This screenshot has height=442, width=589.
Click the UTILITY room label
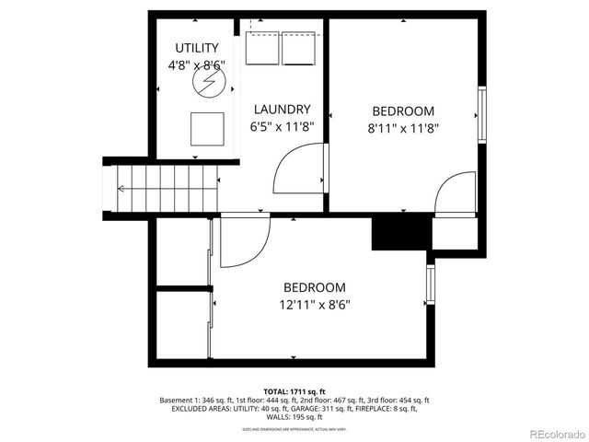[196, 48]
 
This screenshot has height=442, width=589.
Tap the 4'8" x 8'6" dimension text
[196, 65]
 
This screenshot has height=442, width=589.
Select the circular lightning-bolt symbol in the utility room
[208, 83]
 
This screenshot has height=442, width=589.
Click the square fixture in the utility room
[207, 128]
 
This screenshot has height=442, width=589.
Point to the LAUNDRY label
[282, 109]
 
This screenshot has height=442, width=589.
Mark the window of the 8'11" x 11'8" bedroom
[480, 114]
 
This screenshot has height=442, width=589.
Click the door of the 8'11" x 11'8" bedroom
[455, 194]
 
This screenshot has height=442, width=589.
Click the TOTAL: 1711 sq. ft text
[294, 390]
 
